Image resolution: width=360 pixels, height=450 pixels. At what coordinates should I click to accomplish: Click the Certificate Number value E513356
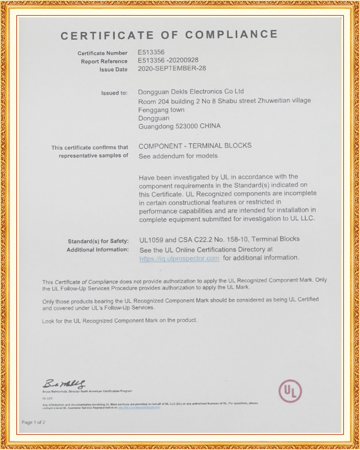151,52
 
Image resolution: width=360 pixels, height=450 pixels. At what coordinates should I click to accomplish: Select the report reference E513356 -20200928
168,60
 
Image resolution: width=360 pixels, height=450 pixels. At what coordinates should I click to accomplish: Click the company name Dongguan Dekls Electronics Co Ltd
191,91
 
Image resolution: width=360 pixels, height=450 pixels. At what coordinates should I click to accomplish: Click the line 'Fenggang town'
162,109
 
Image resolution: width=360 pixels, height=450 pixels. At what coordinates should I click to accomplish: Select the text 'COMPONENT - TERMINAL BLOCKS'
195,146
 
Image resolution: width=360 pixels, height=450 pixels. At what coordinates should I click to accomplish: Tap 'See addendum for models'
178,156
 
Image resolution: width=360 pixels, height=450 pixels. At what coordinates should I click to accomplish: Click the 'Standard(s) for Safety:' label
98,241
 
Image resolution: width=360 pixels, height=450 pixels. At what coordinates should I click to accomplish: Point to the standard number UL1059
151,239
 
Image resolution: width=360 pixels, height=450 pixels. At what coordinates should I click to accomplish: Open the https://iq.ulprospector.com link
179,258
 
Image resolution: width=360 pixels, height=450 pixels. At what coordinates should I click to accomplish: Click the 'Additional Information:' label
98,249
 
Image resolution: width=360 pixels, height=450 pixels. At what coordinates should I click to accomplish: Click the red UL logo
290,391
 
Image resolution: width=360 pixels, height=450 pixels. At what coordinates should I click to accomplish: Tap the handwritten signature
64,384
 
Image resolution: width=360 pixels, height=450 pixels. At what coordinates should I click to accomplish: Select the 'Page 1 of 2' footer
33,422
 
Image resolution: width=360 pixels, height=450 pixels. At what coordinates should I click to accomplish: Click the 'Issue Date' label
113,70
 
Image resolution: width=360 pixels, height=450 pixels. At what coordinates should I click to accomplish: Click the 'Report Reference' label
104,61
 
